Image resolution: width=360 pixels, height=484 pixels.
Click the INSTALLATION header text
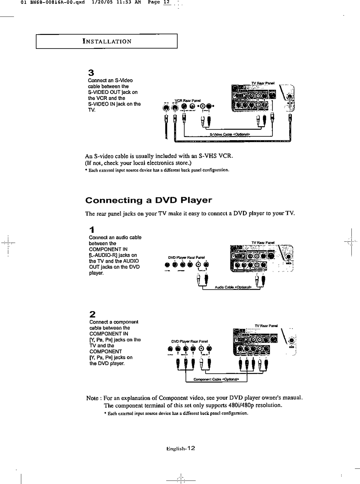pos(106,42)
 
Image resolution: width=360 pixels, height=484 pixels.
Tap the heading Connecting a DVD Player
pos(148,200)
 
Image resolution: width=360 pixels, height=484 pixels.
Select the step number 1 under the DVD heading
pos(91,229)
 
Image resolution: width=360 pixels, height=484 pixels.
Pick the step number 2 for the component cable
pos(92,314)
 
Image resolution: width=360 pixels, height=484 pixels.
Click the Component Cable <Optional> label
pos(216,379)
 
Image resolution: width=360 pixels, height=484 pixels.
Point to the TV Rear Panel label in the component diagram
pos(267,326)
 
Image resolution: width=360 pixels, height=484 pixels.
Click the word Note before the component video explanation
pos(92,398)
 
